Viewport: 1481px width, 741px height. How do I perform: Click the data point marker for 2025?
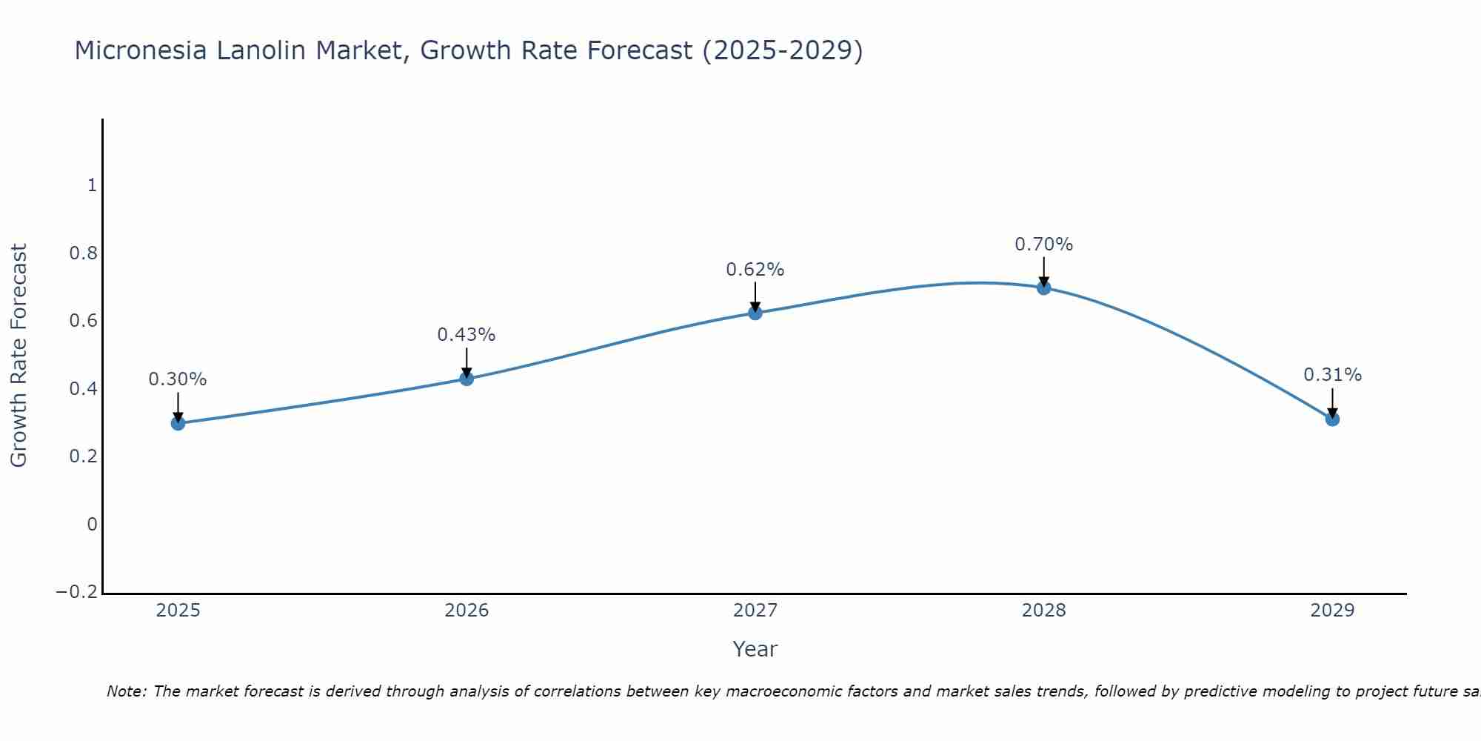coord(178,423)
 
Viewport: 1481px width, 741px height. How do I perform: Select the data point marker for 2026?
coord(467,379)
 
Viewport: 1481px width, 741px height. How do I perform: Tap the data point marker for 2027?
coord(755,313)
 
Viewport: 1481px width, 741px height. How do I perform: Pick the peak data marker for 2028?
coord(1044,288)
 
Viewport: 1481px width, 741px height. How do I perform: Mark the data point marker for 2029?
coord(1332,419)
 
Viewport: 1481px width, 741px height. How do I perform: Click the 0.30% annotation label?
coord(178,379)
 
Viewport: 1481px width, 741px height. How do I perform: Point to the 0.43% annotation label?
coord(467,335)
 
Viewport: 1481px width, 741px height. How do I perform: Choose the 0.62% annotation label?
coord(755,270)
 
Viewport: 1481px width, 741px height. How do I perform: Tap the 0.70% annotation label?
coord(1044,245)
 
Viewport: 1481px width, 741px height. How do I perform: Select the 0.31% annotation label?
coord(1332,375)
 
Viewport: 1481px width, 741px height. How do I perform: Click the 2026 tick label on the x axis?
coord(467,611)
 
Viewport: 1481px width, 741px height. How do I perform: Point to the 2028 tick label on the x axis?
coord(1044,611)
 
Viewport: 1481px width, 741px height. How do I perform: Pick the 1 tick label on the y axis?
coord(92,185)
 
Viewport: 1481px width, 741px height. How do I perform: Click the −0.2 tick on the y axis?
coord(76,592)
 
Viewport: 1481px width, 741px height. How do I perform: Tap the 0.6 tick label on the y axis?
coord(83,321)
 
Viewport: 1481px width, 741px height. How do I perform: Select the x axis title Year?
coord(755,650)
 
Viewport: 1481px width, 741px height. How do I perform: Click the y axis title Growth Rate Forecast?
coord(19,355)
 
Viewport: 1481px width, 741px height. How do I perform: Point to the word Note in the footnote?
coord(126,691)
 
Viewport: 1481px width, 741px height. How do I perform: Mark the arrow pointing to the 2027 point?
coord(755,296)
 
